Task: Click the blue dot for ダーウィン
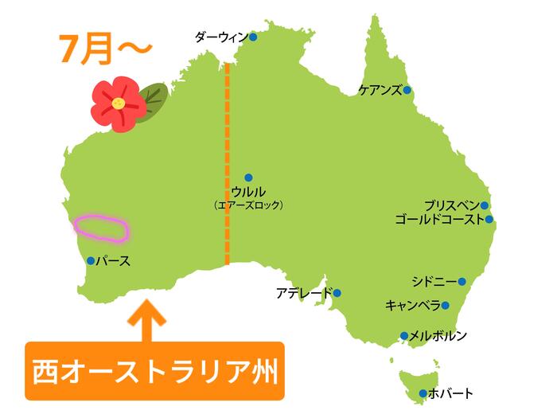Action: point(253,37)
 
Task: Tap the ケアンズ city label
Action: point(380,90)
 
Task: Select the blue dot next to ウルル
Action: point(248,178)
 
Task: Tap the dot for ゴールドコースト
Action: point(489,220)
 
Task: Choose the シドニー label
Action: point(434,282)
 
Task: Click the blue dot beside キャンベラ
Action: point(446,305)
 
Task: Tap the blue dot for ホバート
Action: point(423,393)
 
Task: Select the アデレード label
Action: point(304,293)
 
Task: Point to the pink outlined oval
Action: point(101,228)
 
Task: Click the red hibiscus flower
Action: point(115,104)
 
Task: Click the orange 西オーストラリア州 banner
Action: point(155,371)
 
